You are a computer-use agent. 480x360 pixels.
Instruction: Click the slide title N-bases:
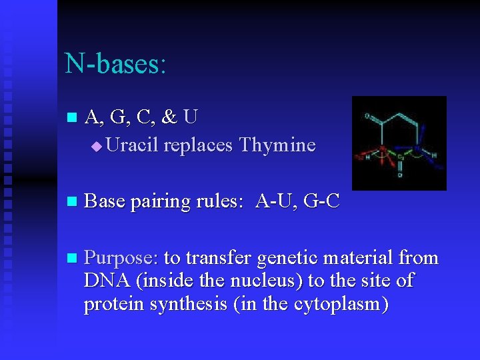(115, 64)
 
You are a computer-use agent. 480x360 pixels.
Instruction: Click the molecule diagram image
(399, 143)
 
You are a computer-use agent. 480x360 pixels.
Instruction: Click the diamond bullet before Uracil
(97, 146)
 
